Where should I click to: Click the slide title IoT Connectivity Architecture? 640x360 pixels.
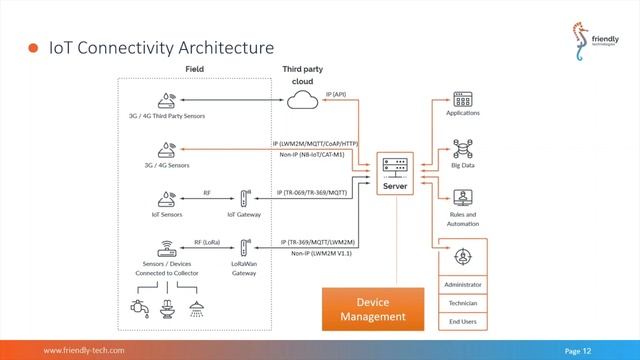(x=161, y=47)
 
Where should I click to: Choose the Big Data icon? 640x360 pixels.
(x=462, y=149)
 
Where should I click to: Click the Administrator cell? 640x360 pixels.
(x=462, y=284)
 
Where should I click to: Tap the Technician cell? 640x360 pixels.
(x=462, y=302)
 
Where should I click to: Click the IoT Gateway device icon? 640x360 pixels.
(x=245, y=198)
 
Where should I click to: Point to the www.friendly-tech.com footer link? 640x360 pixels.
(x=83, y=351)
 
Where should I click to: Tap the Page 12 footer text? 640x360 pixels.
(x=578, y=351)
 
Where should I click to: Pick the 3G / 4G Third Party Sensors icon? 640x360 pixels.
(x=167, y=100)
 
